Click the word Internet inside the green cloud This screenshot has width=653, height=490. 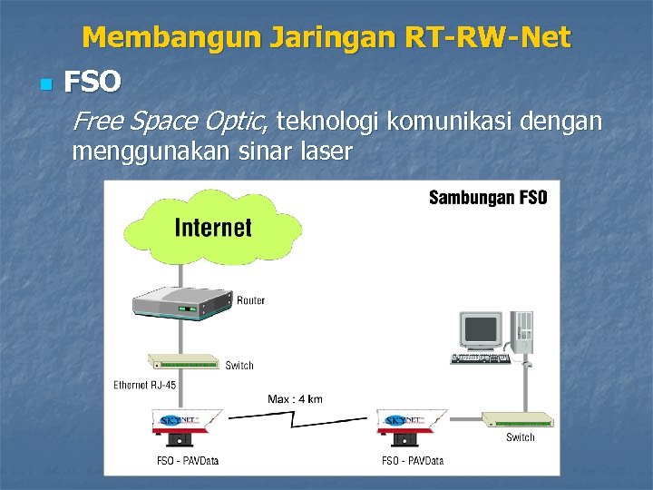pos(213,227)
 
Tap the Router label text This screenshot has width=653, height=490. pos(251,300)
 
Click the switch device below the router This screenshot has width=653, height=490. pos(185,363)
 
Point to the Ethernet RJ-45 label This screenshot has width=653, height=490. pos(145,385)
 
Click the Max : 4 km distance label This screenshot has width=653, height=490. pos(295,398)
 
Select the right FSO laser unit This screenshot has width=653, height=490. pos(411,427)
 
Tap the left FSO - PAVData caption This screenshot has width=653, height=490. pos(188,461)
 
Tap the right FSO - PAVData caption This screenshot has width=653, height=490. pos(413,461)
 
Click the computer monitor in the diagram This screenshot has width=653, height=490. pos(479,330)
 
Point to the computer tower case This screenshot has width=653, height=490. pos(522,332)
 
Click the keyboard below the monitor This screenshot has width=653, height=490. pos(480,358)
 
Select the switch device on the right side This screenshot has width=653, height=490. pos(515,419)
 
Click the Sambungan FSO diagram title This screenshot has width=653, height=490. pos(487,198)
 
